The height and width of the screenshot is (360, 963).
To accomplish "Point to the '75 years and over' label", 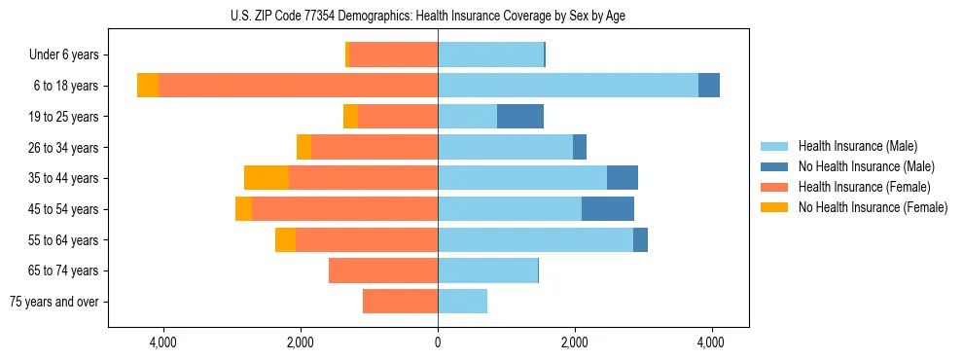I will tap(54, 302).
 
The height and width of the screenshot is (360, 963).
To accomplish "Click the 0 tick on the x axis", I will tap(438, 342).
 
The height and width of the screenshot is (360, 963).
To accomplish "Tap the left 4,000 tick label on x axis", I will tap(162, 342).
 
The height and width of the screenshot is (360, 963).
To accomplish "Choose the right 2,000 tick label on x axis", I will tap(575, 342).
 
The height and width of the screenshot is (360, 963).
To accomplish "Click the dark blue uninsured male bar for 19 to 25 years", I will tap(520, 117).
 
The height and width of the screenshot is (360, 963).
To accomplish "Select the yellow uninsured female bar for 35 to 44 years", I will tap(267, 178).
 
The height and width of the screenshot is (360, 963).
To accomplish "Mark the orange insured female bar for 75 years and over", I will tap(400, 302).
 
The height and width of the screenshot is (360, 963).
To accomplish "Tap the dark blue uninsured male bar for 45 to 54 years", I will tap(608, 209).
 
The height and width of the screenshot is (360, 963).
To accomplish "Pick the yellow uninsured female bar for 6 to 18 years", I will tap(148, 86).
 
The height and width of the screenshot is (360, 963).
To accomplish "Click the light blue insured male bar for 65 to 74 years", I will tap(487, 270).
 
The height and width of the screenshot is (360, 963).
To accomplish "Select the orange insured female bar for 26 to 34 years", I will tap(374, 147).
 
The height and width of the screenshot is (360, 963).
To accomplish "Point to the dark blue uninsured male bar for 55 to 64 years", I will tap(640, 239).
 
